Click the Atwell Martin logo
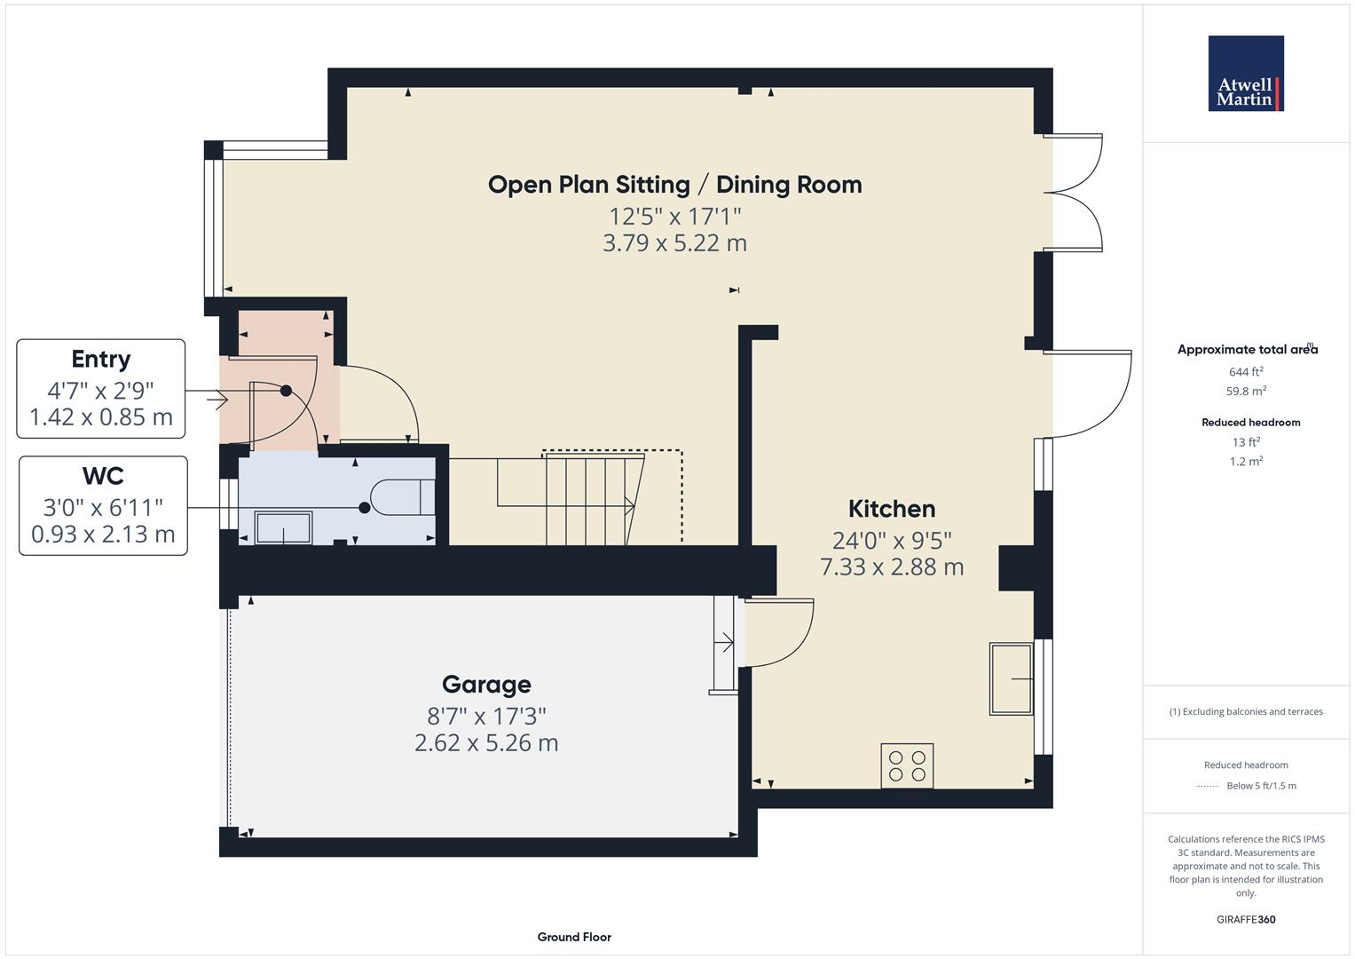pos(1246,74)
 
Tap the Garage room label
pos(486,685)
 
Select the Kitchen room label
pos(892,509)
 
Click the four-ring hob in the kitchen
pos(907,765)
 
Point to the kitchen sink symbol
pos(1012,678)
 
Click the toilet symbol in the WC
pos(403,498)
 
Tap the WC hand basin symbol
pos(283,527)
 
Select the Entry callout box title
pos(101,360)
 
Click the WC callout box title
pos(103,477)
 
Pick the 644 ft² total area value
pos(1246,372)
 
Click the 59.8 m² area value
pos(1246,392)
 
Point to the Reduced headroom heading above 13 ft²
pos(1250,423)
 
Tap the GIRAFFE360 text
pos(1246,920)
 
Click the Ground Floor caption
pos(574,937)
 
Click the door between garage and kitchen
pos(778,632)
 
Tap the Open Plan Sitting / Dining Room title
pos(674,185)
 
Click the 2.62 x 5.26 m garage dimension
pos(486,743)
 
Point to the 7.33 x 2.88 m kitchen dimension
pos(892,567)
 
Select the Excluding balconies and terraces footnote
pos(1246,712)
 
